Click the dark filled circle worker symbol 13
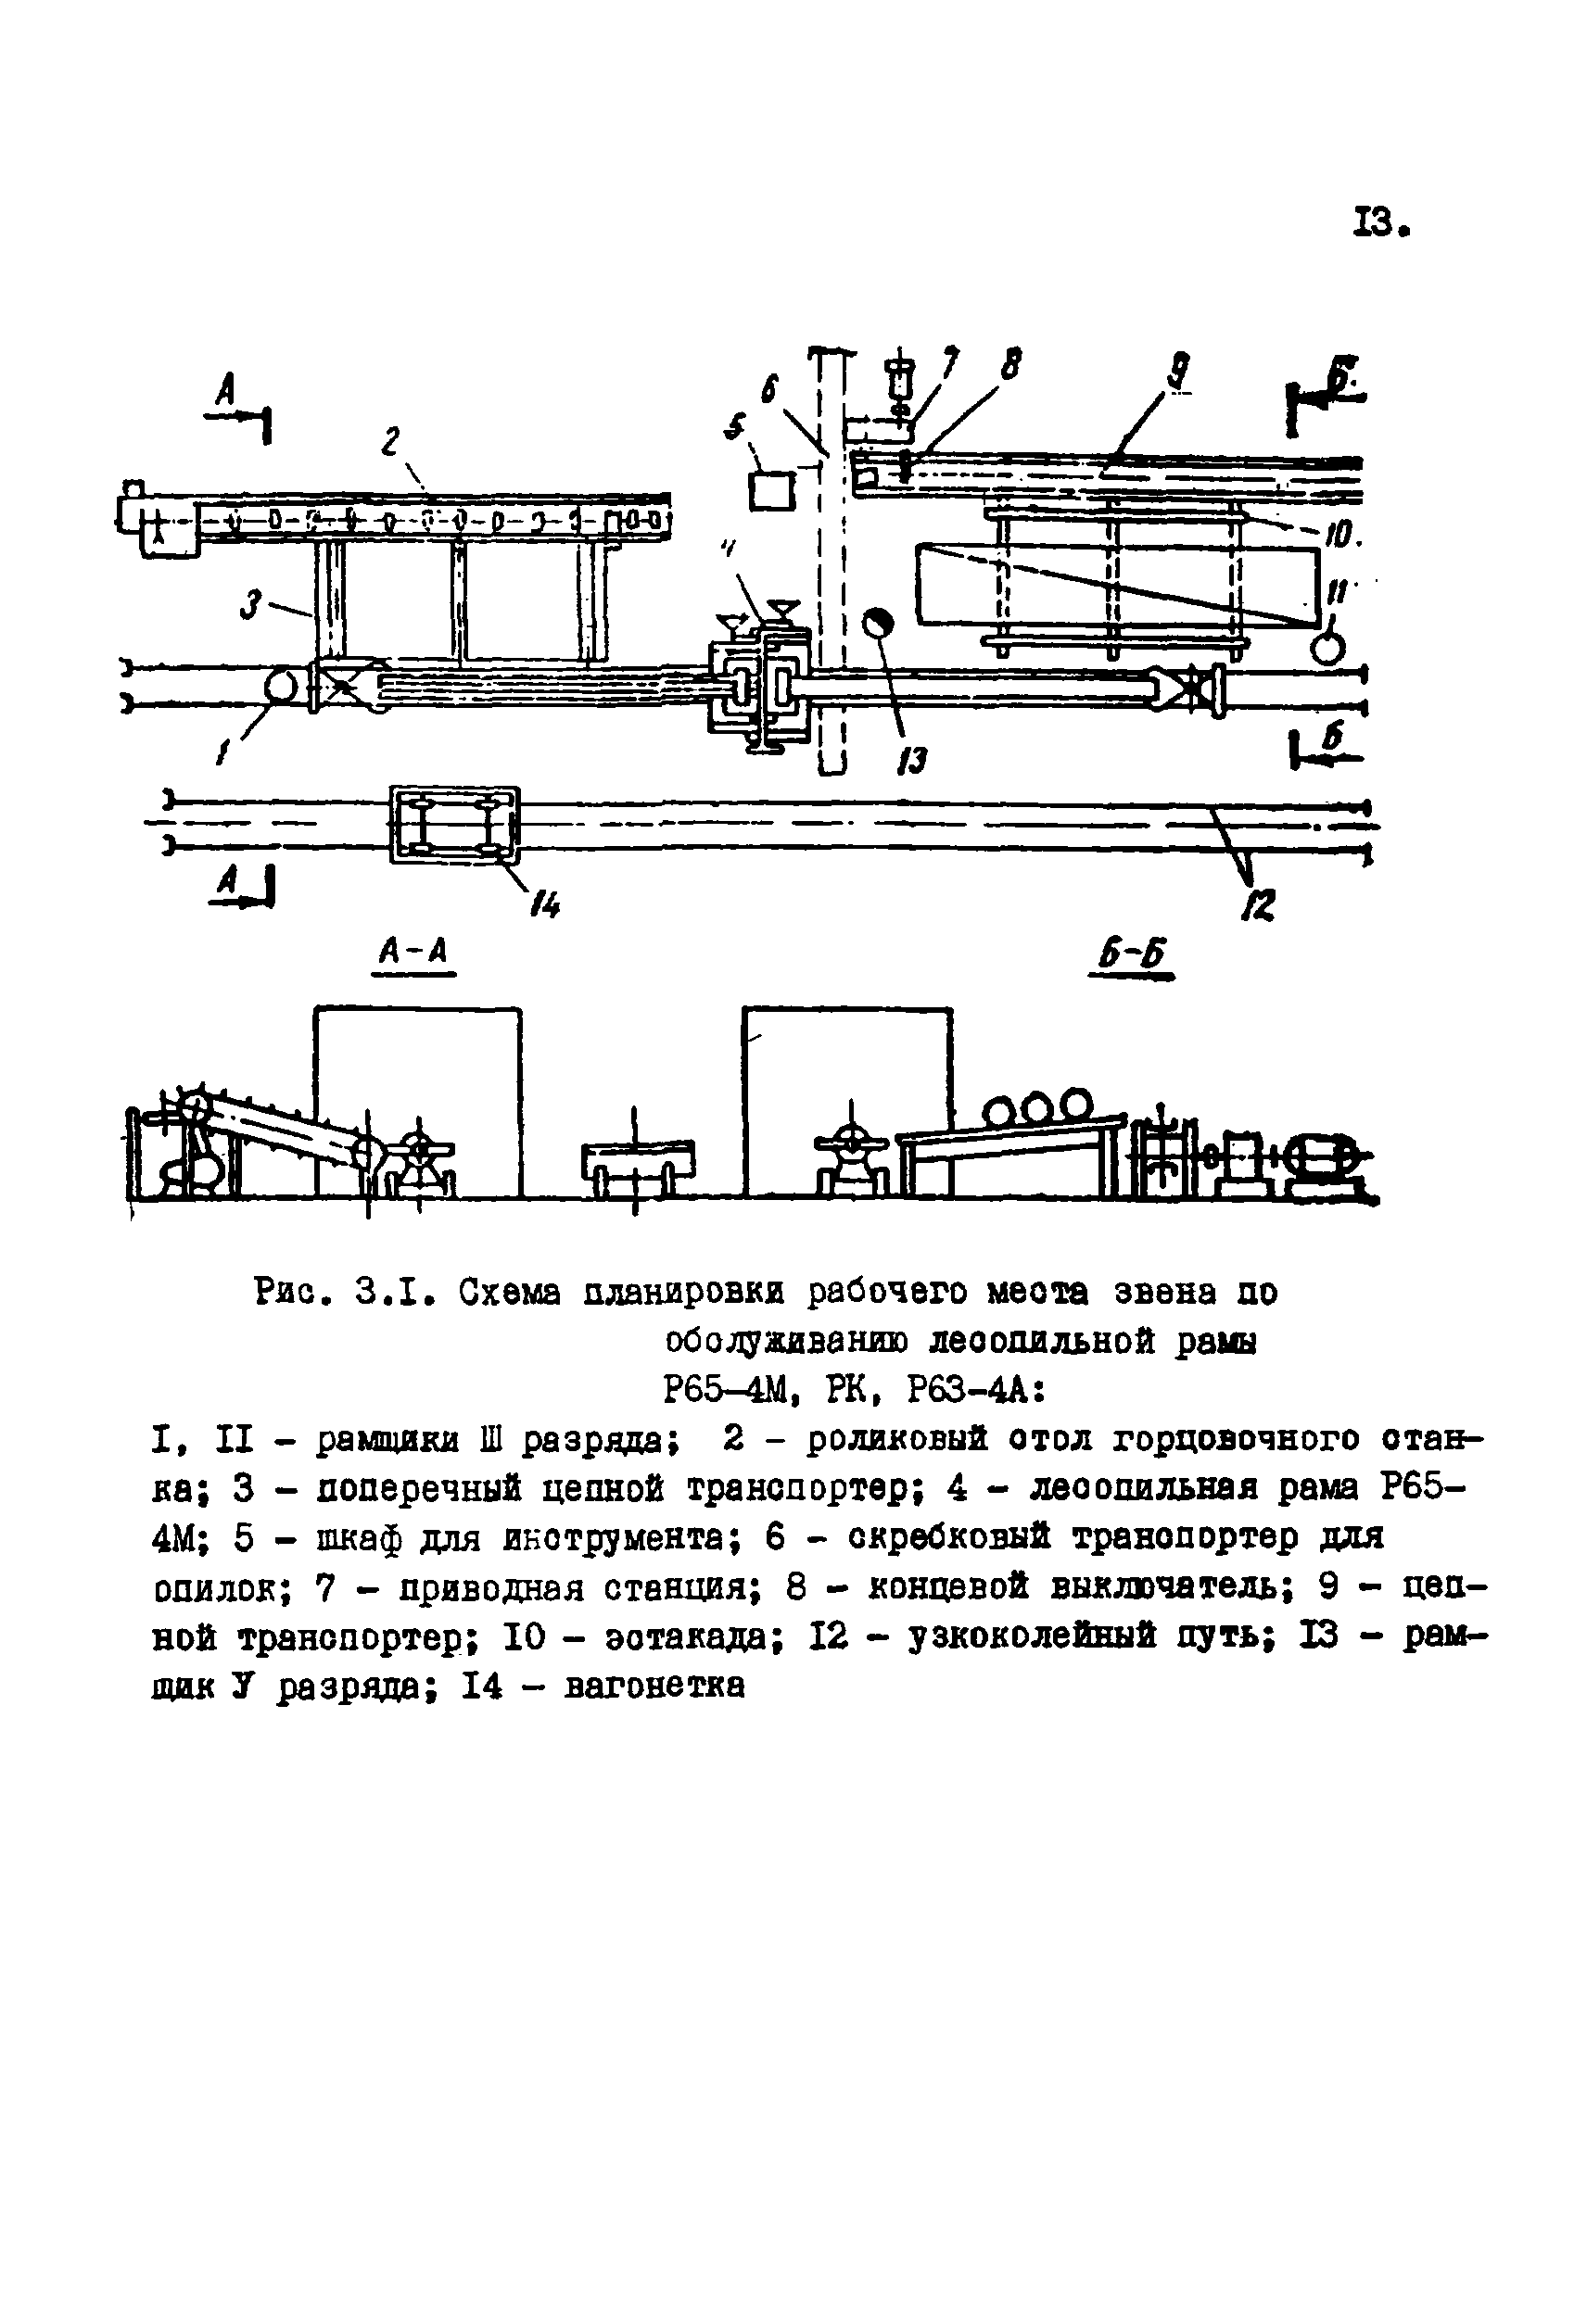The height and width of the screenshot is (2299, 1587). (x=879, y=625)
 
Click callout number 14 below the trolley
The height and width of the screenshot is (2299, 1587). (x=544, y=903)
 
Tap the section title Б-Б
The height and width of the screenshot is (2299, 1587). (x=1132, y=956)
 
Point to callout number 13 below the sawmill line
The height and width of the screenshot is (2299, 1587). (x=910, y=761)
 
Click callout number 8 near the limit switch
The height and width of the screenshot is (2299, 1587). (x=1010, y=367)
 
